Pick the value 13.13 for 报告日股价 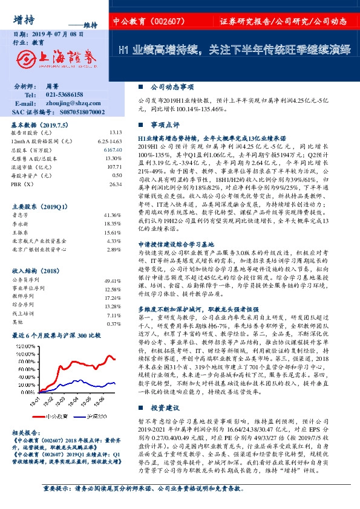(116, 132)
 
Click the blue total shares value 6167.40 (113, 149)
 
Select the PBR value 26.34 (116, 183)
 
